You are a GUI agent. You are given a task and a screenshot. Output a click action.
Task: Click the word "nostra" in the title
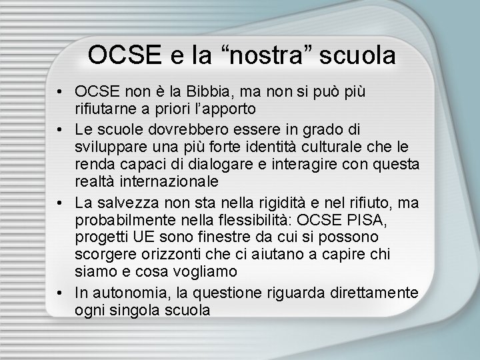tap(273, 55)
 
